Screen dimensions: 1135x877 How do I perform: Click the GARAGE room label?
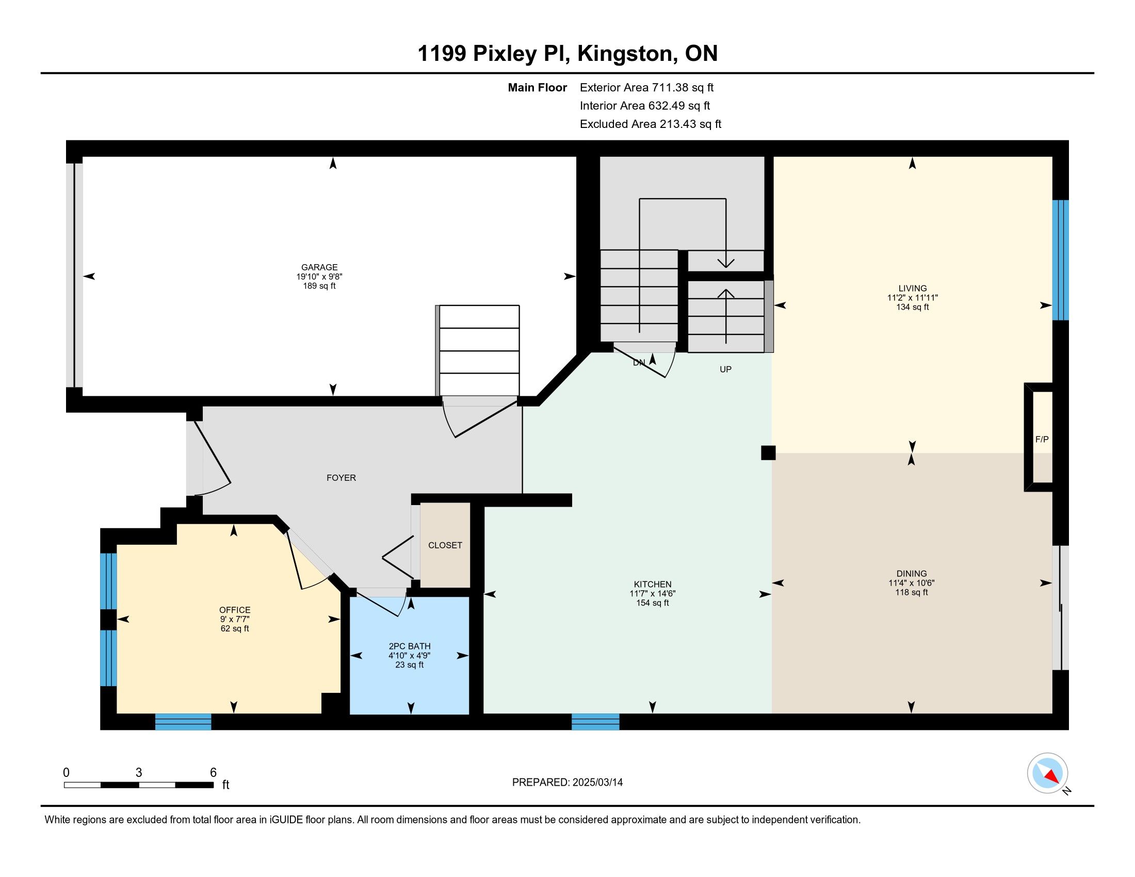(319, 268)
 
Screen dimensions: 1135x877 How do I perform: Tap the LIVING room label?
(913, 288)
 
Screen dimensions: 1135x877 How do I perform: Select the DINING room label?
(912, 574)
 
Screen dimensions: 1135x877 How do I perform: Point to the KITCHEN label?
(653, 584)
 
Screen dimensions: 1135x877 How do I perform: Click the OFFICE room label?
(235, 610)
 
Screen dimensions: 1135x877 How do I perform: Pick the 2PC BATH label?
(410, 646)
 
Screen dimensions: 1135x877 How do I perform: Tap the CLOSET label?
(445, 545)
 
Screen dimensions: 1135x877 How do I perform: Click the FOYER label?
(342, 478)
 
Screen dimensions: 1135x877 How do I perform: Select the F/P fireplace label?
(1042, 439)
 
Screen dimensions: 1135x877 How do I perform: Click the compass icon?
(1048, 773)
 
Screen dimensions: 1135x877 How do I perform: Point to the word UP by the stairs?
(725, 369)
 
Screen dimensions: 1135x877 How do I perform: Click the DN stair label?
(639, 363)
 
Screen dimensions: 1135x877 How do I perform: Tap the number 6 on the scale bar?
(213, 773)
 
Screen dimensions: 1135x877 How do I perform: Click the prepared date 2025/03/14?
(597, 783)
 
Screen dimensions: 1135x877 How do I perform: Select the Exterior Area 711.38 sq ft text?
(647, 88)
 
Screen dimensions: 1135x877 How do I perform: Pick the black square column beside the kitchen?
(768, 452)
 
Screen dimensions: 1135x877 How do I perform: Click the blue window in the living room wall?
(1061, 260)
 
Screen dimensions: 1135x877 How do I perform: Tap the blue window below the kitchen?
(595, 722)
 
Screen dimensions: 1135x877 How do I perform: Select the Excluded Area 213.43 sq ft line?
(651, 124)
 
